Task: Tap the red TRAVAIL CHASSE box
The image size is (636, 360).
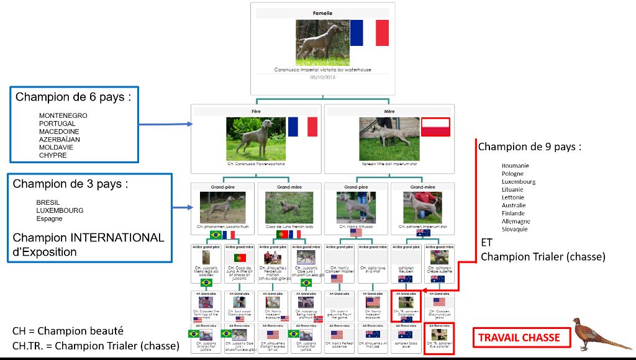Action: pyautogui.click(x=519, y=338)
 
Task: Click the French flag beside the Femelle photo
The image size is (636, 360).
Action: pyautogui.click(x=369, y=33)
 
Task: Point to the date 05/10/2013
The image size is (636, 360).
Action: pyautogui.click(x=322, y=77)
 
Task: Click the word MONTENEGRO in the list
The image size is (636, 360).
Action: pyautogui.click(x=63, y=115)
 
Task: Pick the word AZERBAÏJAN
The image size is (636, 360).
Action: pyautogui.click(x=60, y=140)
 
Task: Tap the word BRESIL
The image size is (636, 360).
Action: pyautogui.click(x=48, y=202)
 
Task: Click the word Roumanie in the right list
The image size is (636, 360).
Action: pyautogui.click(x=516, y=166)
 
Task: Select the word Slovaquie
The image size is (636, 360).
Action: pyautogui.click(x=515, y=229)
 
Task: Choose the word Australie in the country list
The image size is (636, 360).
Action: pyautogui.click(x=514, y=205)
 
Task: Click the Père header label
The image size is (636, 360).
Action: pyautogui.click(x=256, y=112)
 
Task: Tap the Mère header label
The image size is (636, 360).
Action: pyautogui.click(x=389, y=112)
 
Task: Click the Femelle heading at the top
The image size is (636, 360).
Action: pyautogui.click(x=322, y=13)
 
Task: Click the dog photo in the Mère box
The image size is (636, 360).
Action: pyautogui.click(x=389, y=138)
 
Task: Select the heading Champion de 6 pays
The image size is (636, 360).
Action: pyautogui.click(x=73, y=97)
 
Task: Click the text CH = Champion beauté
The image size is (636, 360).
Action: pyautogui.click(x=68, y=331)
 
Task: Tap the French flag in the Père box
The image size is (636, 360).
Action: pyautogui.click(x=302, y=127)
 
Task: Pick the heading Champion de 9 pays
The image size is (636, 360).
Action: pyautogui.click(x=529, y=148)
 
